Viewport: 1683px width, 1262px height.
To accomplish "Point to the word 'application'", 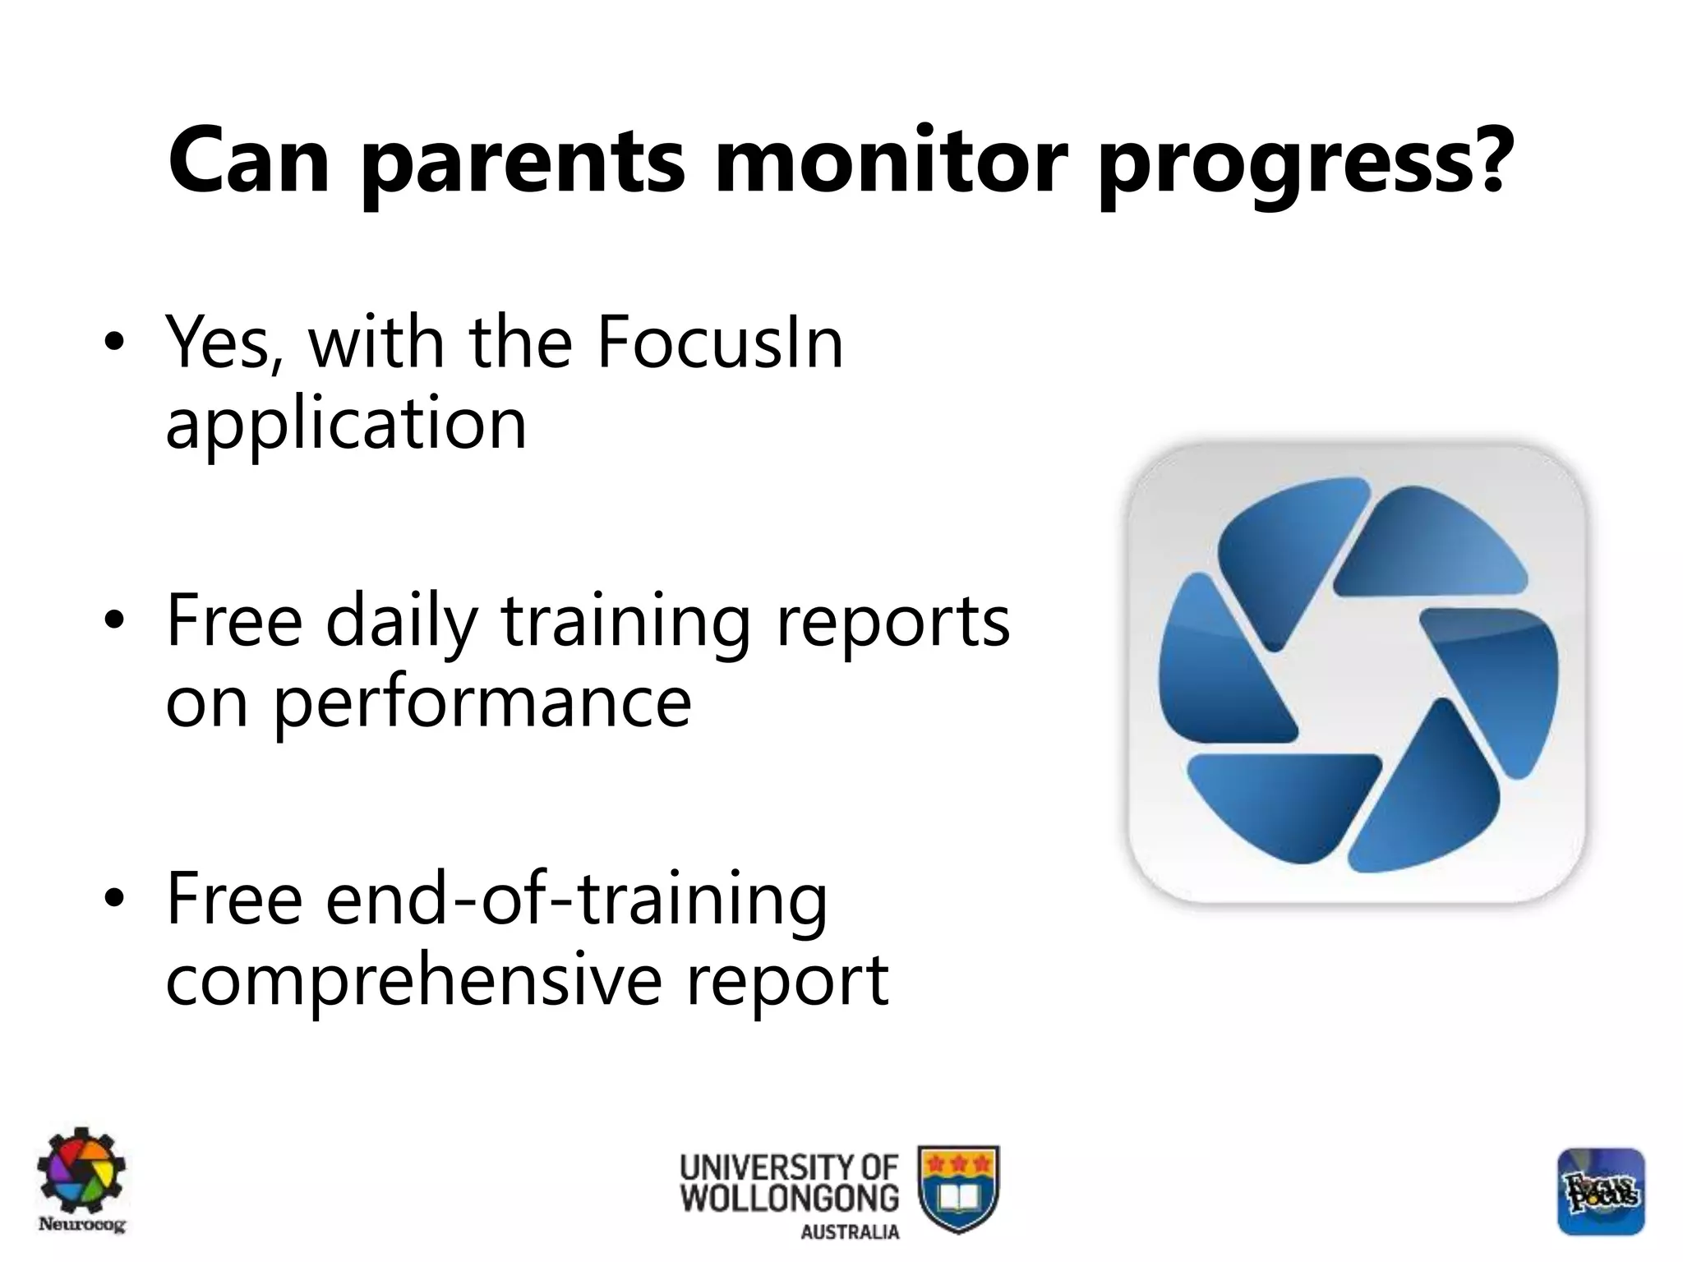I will point(346,424).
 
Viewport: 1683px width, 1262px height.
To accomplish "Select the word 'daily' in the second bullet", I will point(401,623).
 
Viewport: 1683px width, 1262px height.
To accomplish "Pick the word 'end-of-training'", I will point(576,900).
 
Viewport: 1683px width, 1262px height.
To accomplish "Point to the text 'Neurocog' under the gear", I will point(82,1225).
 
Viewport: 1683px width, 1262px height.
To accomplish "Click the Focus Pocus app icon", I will point(1601,1191).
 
